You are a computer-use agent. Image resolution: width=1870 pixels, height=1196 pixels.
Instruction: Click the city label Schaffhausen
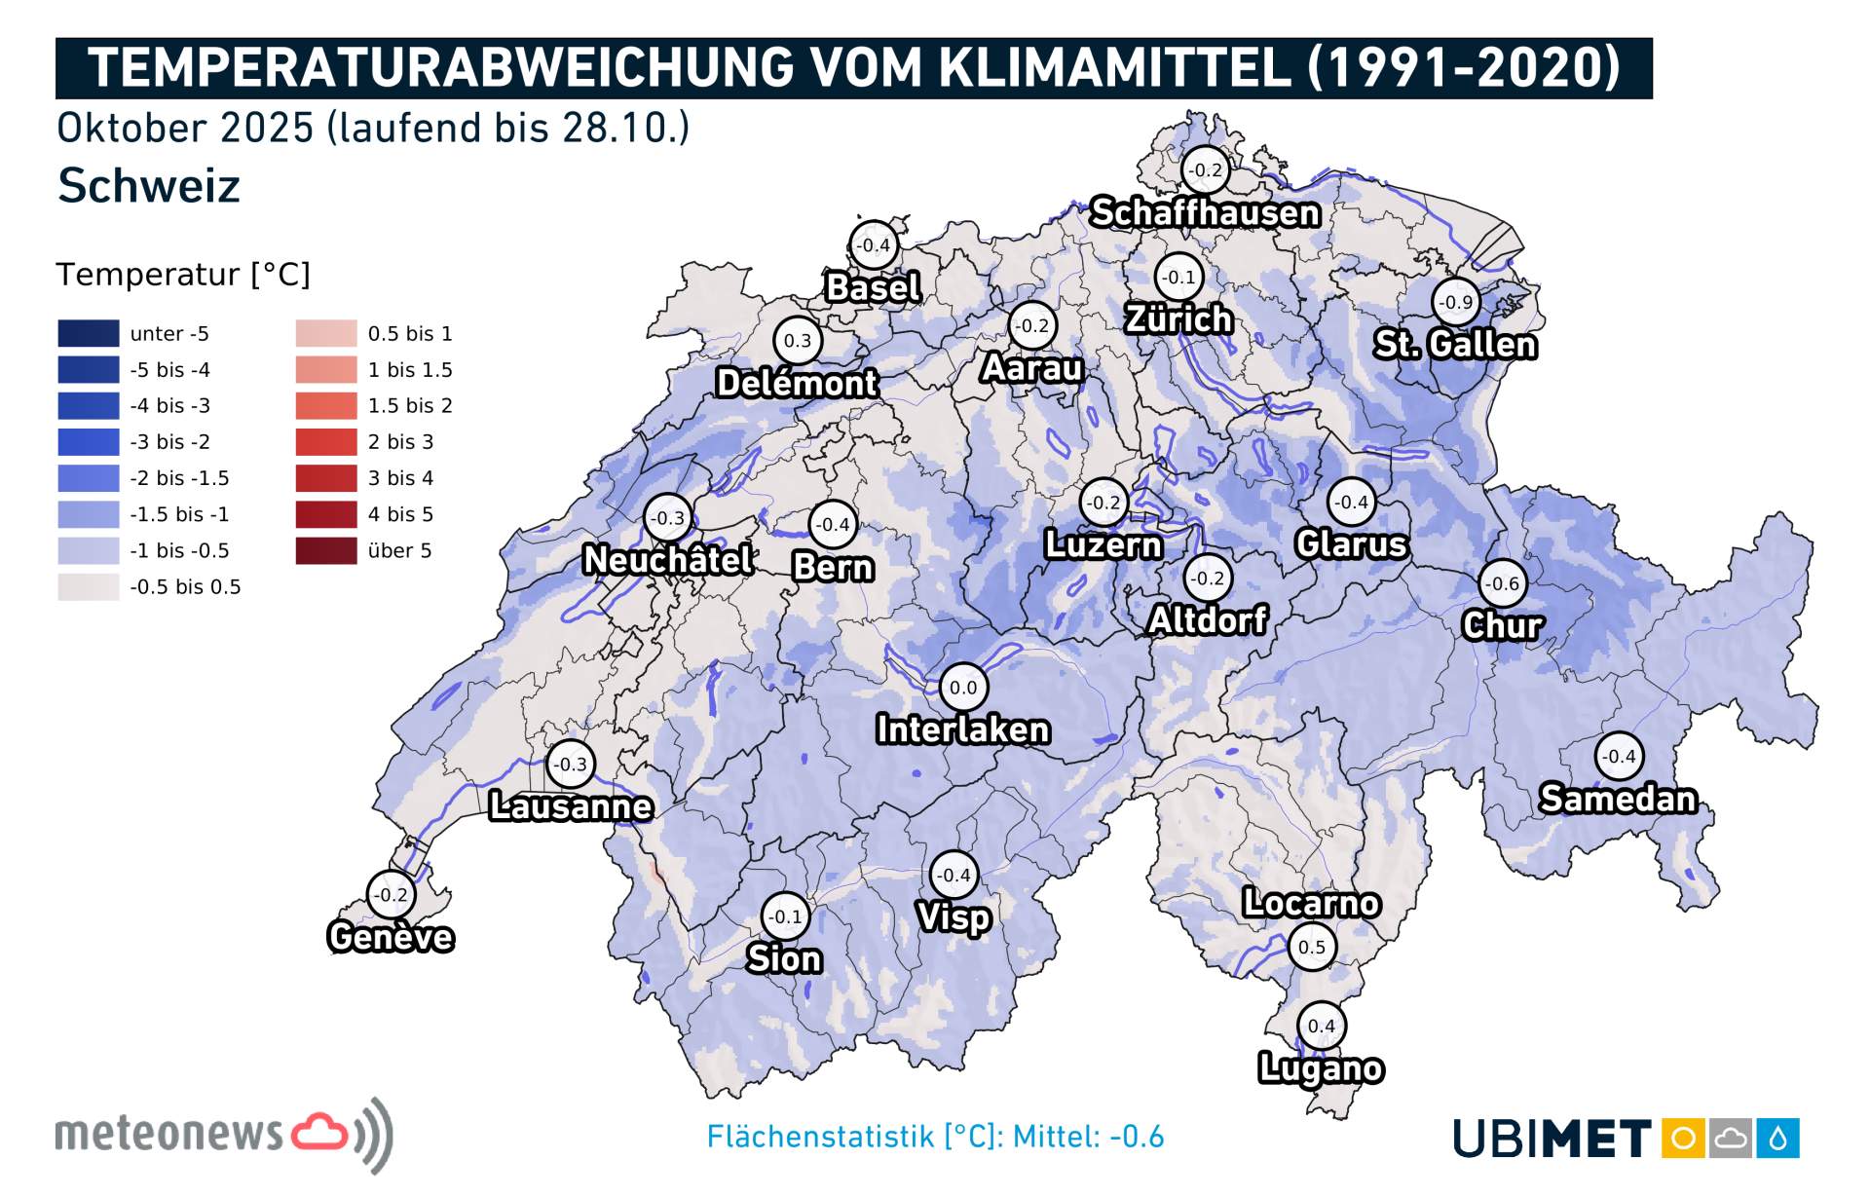[1205, 212]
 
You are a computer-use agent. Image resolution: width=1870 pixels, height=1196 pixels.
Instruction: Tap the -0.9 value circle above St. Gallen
[1456, 302]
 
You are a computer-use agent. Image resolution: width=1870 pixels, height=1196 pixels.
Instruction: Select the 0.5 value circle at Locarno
[1312, 947]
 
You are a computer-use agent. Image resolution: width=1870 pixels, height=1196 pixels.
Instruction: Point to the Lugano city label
[1321, 1068]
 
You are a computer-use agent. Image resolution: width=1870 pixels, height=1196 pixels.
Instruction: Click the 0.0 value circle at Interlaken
[963, 688]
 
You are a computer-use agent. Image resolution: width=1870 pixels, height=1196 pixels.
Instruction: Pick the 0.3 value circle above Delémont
[798, 341]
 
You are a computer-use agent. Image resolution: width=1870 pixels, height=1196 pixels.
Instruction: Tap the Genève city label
[391, 937]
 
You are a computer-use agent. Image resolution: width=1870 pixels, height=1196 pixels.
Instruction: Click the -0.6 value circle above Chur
[1503, 583]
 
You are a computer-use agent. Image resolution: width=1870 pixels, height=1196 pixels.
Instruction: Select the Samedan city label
[1618, 799]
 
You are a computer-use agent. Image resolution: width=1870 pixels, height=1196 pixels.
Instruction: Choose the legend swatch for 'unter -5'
[89, 333]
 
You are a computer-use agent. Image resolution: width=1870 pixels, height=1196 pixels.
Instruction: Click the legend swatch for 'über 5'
[326, 550]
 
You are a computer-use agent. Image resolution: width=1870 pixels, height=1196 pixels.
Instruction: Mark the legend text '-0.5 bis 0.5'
[185, 587]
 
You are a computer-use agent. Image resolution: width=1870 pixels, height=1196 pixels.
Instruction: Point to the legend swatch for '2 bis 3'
[326, 442]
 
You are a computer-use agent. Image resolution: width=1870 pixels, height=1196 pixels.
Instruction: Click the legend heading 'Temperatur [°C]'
[183, 275]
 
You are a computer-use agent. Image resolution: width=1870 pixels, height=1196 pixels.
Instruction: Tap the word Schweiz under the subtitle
[149, 186]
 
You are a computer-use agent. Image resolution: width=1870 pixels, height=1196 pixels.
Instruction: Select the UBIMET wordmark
[1552, 1138]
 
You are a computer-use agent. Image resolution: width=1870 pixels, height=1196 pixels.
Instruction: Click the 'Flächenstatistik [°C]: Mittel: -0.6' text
[935, 1137]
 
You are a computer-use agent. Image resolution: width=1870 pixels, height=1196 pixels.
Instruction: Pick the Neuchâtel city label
[667, 560]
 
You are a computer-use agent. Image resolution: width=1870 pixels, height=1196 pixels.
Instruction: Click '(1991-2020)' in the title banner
[1464, 68]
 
